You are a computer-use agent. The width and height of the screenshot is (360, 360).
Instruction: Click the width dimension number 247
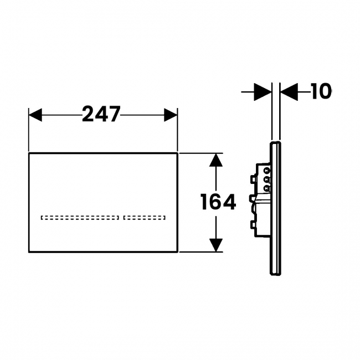coord(101,114)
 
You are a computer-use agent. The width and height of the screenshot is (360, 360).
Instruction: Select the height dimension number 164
coord(218,202)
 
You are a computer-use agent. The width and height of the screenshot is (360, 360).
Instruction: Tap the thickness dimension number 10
coord(321,91)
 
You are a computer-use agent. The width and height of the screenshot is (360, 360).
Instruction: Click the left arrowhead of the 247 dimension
coord(35,115)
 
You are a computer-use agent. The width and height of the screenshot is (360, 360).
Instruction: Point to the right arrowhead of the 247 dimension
coord(171,115)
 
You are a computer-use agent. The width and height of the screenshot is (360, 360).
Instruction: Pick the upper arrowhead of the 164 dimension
coord(216,160)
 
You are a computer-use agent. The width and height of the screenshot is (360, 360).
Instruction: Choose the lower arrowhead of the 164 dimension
coord(216,245)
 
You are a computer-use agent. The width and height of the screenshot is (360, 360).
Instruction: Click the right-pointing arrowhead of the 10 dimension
coord(263,92)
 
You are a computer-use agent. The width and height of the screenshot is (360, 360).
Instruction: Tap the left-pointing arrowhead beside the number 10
coord(289,92)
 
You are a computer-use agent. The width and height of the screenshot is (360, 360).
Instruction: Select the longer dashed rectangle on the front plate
coord(80,218)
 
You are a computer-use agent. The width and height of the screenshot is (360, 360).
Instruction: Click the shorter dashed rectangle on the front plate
coord(145,218)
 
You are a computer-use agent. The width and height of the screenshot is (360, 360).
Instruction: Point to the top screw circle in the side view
coord(266,171)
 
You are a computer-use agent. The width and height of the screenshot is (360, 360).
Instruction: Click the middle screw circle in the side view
coord(266,179)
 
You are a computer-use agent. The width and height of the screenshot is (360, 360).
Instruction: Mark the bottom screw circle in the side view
coord(266,189)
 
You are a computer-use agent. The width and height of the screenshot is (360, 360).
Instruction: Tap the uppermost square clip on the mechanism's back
coord(253,179)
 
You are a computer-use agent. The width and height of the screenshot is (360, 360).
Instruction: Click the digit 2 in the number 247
coord(88,114)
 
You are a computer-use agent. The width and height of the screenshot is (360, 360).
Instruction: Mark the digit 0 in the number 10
coord(325,91)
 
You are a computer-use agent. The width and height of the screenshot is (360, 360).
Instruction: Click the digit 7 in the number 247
coord(114,114)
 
